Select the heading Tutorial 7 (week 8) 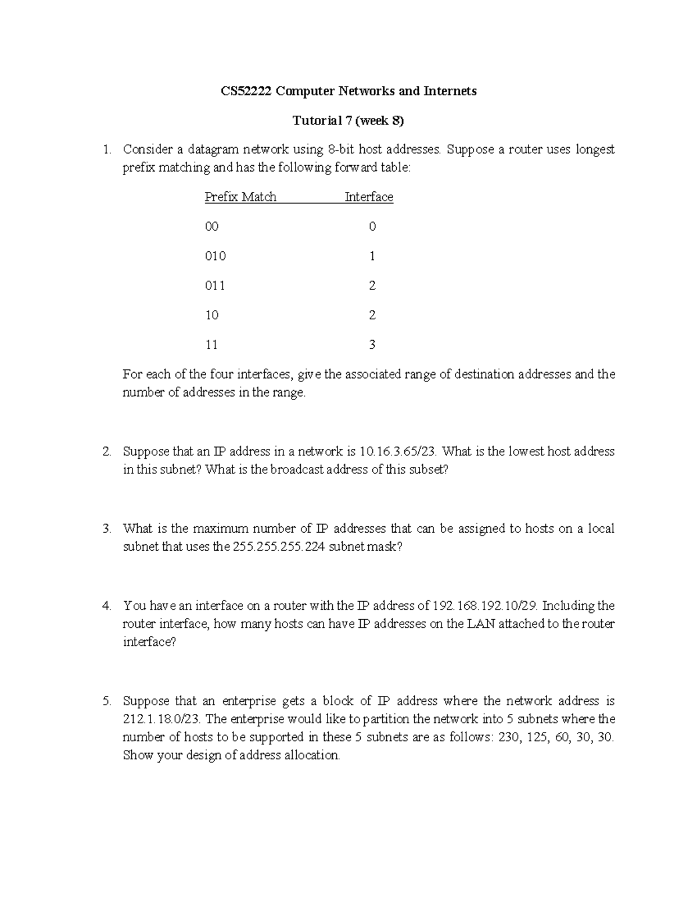click(348, 121)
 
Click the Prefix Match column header click(240, 197)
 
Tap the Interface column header click(369, 197)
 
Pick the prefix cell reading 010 click(215, 256)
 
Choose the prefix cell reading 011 click(215, 286)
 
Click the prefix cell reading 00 click(211, 227)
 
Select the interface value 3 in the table click(372, 345)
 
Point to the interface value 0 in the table click(372, 227)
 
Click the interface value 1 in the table click(372, 256)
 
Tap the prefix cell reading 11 click(211, 345)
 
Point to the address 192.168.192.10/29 click(486, 606)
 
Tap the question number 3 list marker click(106, 529)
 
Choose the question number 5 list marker click(106, 701)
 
